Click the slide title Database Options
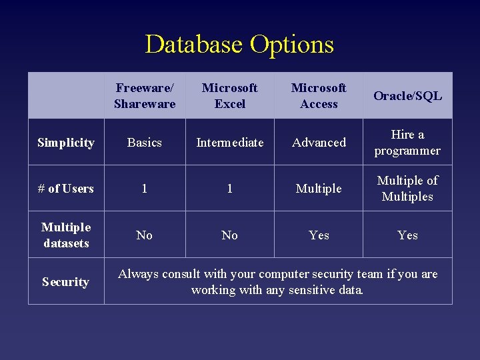click(x=239, y=45)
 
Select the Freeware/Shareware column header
click(x=145, y=96)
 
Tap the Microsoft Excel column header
click(x=229, y=96)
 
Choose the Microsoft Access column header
click(x=319, y=96)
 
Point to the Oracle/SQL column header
click(x=407, y=96)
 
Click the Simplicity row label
click(x=66, y=143)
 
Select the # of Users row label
click(x=66, y=189)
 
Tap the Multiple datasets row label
click(x=66, y=235)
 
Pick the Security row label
click(x=66, y=282)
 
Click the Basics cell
click(x=145, y=143)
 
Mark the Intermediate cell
click(x=229, y=143)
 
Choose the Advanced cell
click(x=319, y=143)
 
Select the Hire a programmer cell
click(x=407, y=143)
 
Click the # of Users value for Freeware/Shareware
click(x=145, y=189)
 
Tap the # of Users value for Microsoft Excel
click(x=229, y=189)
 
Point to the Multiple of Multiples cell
click(x=407, y=189)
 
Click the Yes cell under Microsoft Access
click(x=319, y=235)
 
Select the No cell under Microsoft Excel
click(x=229, y=235)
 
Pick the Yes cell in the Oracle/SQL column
click(x=407, y=235)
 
